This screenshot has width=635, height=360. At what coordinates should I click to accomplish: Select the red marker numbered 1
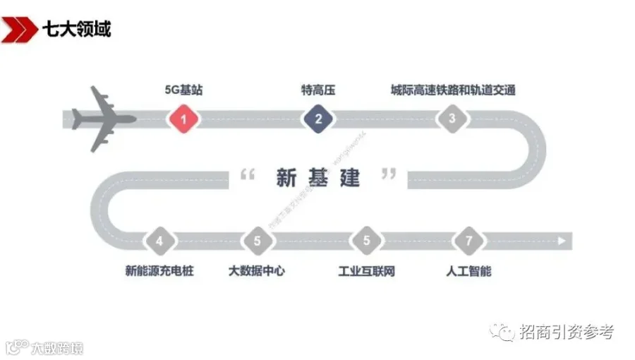tap(183, 119)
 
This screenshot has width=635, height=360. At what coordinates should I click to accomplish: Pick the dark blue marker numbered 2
tap(318, 119)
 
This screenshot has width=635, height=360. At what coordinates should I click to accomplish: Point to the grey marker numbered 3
tap(452, 119)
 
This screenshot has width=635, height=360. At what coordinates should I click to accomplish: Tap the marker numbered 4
tap(159, 241)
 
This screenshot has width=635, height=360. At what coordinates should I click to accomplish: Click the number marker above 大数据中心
tap(258, 241)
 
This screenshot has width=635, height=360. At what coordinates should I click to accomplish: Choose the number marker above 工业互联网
tap(366, 241)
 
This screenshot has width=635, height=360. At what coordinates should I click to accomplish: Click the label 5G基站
tap(183, 90)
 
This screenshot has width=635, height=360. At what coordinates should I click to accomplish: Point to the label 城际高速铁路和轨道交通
tap(453, 90)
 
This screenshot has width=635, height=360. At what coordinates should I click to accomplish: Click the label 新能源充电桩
tap(159, 270)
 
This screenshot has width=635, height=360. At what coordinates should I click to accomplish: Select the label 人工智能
tap(468, 270)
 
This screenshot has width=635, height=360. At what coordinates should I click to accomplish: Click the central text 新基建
tap(318, 179)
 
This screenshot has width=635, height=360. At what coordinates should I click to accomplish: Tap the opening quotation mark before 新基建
tap(247, 174)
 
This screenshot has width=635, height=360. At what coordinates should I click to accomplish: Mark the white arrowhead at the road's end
tap(562, 241)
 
